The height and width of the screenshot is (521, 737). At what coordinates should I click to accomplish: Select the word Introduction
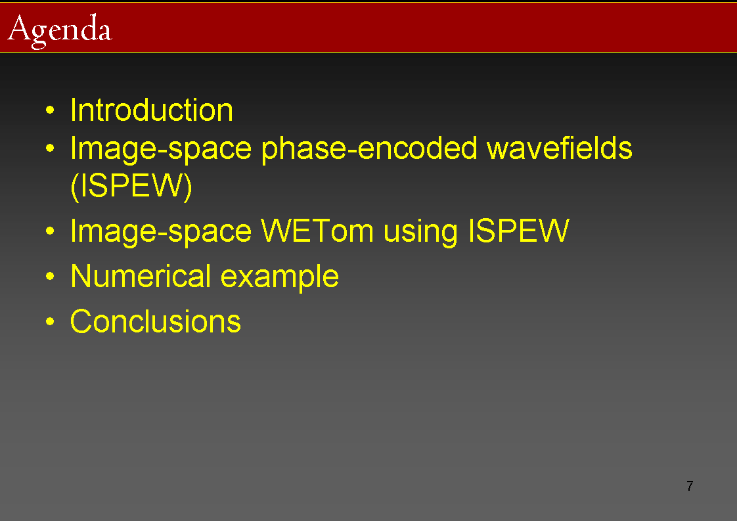tap(151, 110)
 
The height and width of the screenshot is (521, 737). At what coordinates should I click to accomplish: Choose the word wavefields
tap(560, 148)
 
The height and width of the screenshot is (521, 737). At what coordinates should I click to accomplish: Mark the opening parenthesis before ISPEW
tap(74, 187)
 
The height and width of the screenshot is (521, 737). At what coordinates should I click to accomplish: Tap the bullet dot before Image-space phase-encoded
tap(51, 148)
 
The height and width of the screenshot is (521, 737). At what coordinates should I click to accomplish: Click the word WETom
tap(317, 231)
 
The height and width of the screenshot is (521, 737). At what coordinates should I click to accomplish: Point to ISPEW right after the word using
tap(519, 231)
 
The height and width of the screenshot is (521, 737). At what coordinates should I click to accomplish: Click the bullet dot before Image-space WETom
tap(51, 231)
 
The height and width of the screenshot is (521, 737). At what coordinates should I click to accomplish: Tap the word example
tap(280, 277)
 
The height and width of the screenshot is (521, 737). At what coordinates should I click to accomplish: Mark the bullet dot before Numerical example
tap(51, 276)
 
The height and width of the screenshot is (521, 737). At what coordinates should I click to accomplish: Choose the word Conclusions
tap(156, 321)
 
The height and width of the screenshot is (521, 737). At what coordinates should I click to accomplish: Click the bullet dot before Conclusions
tap(51, 322)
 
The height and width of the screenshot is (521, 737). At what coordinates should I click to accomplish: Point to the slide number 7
tap(690, 486)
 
